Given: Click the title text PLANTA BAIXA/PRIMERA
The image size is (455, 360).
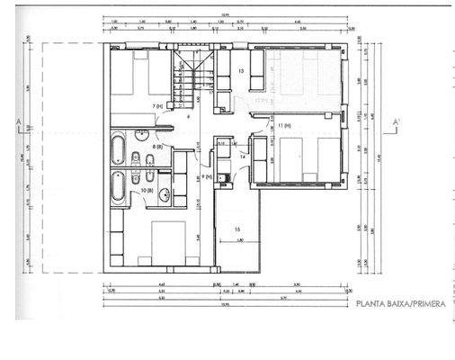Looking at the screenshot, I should pyautogui.click(x=401, y=305).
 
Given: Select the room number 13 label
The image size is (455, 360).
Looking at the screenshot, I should pyautogui.click(x=242, y=70).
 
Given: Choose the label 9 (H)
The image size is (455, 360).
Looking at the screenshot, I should pyautogui.click(x=207, y=177).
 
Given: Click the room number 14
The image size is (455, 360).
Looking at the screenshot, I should pyautogui.click(x=243, y=157).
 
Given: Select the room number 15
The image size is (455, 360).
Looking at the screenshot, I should pyautogui.click(x=237, y=230).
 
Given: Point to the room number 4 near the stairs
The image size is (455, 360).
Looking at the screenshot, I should pyautogui.click(x=188, y=117).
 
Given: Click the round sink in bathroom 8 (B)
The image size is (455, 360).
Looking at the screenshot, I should pyautogui.click(x=143, y=136).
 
